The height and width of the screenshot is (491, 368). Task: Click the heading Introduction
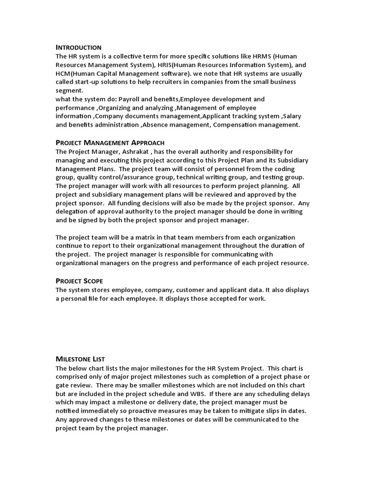[79, 47]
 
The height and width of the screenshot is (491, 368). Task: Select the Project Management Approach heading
[110, 142]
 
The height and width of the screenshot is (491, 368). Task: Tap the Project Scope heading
[80, 281]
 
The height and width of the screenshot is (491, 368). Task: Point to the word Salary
[296, 116]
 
